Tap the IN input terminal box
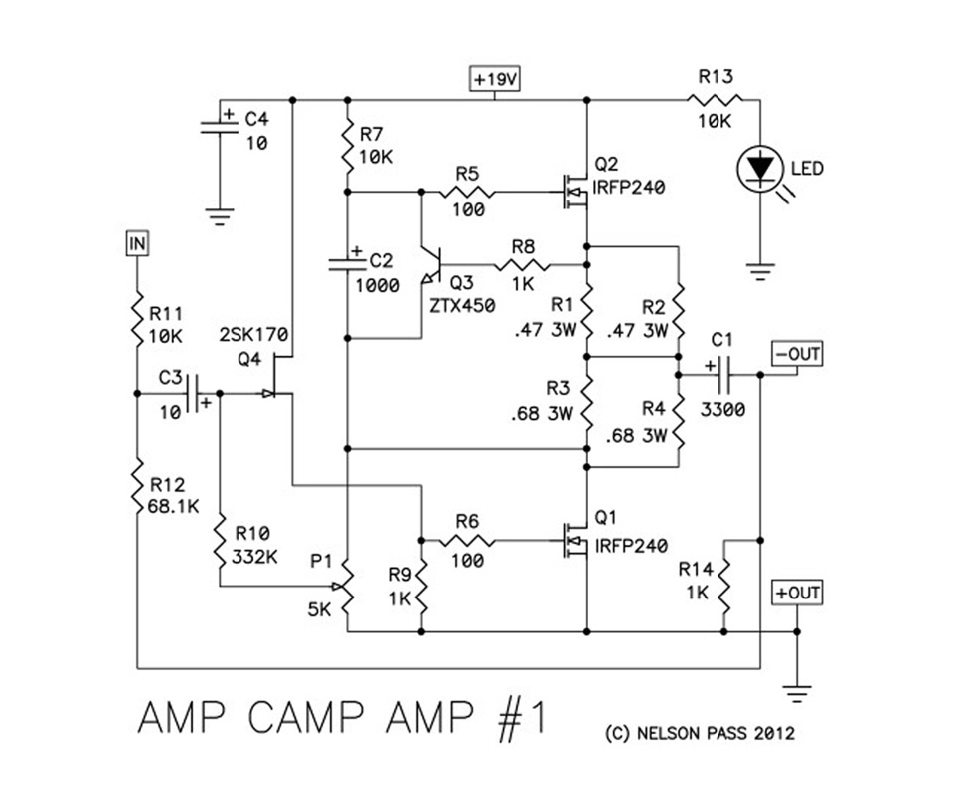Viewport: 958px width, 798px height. (x=135, y=242)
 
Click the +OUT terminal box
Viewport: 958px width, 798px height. (x=797, y=593)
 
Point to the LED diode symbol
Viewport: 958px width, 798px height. (x=760, y=169)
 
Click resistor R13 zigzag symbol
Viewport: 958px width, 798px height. (x=715, y=99)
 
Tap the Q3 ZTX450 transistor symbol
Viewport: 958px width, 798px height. (x=436, y=265)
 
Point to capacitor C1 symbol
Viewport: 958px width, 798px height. (x=723, y=375)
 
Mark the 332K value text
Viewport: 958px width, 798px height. (x=254, y=557)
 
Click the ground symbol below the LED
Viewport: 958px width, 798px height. (x=760, y=266)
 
